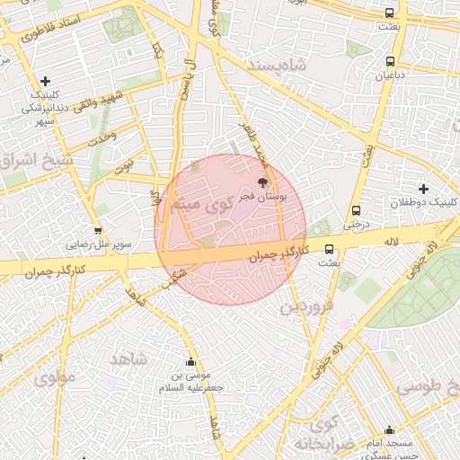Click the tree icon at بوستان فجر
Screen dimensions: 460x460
point(262,181)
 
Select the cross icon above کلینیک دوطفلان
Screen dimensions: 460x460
point(423,188)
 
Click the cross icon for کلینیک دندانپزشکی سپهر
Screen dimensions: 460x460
point(45,81)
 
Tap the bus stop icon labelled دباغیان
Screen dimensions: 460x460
point(389,62)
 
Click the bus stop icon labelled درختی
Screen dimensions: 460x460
point(357,210)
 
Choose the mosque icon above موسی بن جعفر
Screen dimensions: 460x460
point(189,362)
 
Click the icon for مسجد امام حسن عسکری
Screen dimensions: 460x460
point(389,430)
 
